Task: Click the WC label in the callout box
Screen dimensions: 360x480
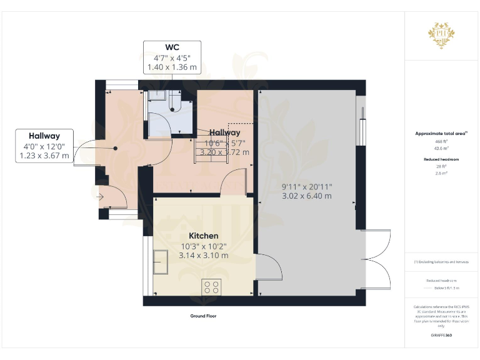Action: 172,47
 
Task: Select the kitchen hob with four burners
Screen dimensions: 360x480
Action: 211,287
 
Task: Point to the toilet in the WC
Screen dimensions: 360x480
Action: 172,103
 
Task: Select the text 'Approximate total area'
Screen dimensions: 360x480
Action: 439,134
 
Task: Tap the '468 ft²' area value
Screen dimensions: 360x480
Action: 441,142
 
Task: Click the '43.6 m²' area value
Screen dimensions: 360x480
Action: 441,147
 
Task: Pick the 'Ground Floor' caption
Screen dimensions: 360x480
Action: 203,316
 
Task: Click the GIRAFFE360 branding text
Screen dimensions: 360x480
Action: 441,336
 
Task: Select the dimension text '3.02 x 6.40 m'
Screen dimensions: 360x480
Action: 306,196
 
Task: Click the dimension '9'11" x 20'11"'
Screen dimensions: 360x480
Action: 306,186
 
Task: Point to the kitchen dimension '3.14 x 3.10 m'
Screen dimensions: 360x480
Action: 204,256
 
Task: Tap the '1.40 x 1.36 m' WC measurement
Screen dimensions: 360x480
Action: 172,66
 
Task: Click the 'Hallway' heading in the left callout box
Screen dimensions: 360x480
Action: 44,136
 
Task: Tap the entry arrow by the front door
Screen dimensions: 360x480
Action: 102,197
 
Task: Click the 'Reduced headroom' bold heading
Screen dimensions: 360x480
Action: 441,159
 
